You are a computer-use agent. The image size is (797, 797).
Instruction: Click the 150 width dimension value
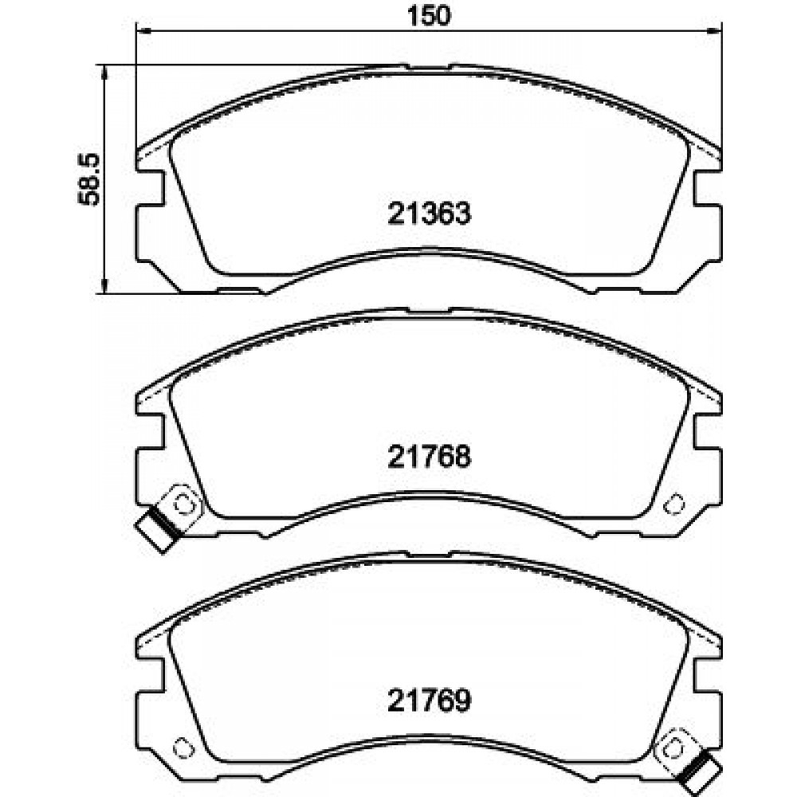(430, 16)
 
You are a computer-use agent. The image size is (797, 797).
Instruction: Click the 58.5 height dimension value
(90, 179)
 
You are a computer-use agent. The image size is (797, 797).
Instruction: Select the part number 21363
(430, 214)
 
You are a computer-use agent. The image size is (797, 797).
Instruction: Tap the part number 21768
(430, 456)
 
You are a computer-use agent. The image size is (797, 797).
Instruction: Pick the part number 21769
(430, 700)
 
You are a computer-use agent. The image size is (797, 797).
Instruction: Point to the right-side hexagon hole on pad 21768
(675, 504)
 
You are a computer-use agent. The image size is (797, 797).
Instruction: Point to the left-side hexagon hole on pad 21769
(183, 748)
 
